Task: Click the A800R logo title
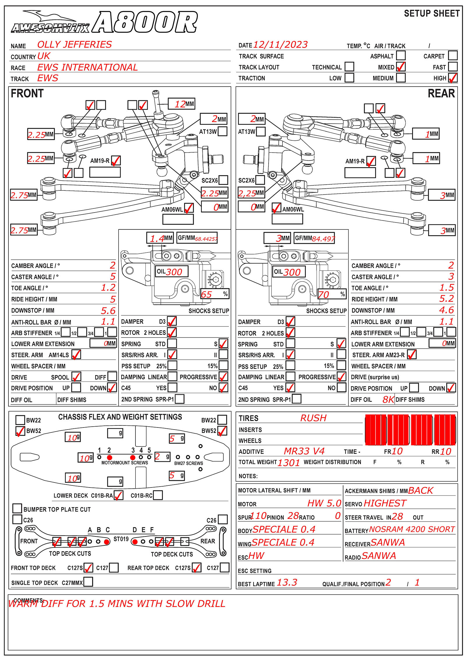click(145, 22)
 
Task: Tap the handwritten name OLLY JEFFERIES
click(75, 45)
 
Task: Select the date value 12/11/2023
click(280, 45)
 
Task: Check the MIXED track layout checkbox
click(401, 67)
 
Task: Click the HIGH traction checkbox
click(453, 78)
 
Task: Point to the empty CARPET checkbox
click(453, 55)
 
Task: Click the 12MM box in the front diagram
click(181, 104)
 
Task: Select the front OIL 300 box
click(171, 272)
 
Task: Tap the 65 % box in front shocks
click(215, 294)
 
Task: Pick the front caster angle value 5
click(113, 276)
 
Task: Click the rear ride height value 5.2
click(446, 299)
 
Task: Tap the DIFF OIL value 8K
click(388, 400)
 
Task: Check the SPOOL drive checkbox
click(76, 377)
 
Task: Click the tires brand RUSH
click(313, 418)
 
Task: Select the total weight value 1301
click(288, 463)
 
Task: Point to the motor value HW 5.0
click(324, 503)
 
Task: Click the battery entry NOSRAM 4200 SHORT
click(412, 529)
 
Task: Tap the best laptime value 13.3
click(287, 582)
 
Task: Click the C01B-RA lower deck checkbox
click(118, 495)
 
